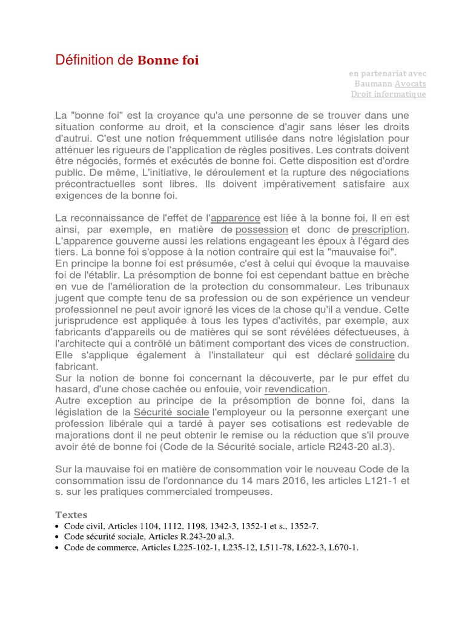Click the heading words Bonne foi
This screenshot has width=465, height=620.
click(x=168, y=60)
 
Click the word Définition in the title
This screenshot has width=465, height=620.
click(x=85, y=59)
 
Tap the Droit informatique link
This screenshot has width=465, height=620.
click(x=388, y=94)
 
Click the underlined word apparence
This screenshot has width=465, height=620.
click(x=235, y=217)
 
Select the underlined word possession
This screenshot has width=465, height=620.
click(x=262, y=229)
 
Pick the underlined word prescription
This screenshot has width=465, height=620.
click(x=380, y=229)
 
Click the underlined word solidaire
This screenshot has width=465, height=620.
click(x=375, y=355)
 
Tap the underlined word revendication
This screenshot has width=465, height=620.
click(x=296, y=389)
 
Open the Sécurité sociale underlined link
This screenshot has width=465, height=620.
click(x=171, y=412)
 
